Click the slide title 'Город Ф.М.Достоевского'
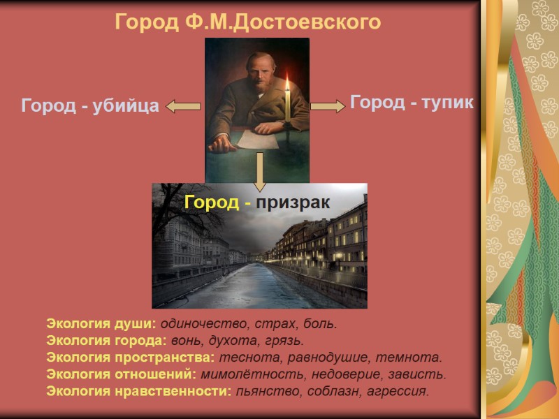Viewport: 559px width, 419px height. point(248,22)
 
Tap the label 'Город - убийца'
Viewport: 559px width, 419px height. point(90,106)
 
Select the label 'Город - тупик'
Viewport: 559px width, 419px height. point(412,103)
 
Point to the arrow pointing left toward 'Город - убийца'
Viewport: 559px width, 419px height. point(183,106)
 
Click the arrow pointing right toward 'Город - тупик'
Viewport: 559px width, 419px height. point(328,105)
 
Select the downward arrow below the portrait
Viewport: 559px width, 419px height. point(260,171)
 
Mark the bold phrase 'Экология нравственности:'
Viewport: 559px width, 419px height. point(138,391)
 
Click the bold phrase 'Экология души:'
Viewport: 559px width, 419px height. point(101,324)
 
